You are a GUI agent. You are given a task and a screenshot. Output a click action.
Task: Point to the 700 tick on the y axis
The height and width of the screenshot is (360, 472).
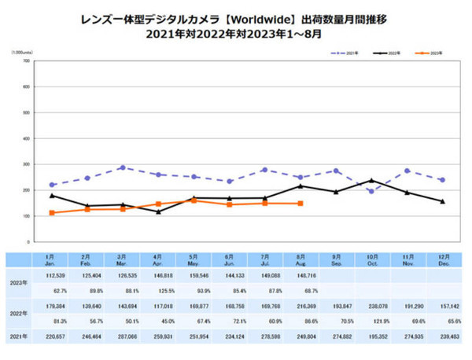tap(26, 61)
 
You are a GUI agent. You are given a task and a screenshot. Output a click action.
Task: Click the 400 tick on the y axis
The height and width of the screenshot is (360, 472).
tap(26, 138)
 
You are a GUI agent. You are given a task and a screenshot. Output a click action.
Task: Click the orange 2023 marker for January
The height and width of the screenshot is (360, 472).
tap(52, 213)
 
